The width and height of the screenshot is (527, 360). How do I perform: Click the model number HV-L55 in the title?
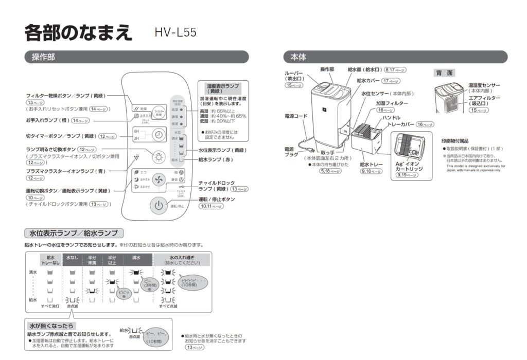click(175, 32)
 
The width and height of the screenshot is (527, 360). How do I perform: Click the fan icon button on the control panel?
click(159, 180)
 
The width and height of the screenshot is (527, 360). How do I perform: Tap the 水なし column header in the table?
click(72, 257)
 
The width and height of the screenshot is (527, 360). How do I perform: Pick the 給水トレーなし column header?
click(50, 259)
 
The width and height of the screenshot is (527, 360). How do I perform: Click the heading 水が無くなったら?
click(52, 326)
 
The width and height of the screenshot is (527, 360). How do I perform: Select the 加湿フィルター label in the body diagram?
click(392, 103)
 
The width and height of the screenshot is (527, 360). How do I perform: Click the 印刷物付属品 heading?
click(455, 140)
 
